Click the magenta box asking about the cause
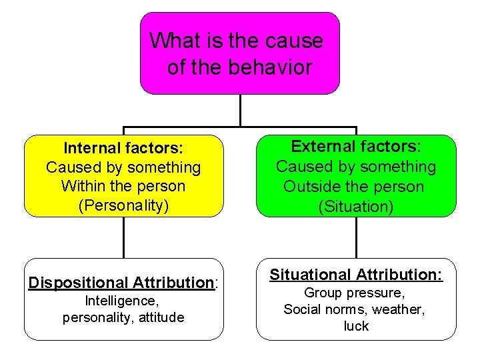pyautogui.click(x=239, y=53)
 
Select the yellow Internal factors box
pyautogui.click(x=123, y=176)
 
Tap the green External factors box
pyautogui.click(x=356, y=176)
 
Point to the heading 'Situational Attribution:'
pyautogui.click(x=356, y=275)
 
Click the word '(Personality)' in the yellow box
pyautogui.click(x=123, y=205)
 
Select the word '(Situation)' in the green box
pyautogui.click(x=356, y=207)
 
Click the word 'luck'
pyautogui.click(x=356, y=326)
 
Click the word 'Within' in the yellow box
pyautogui.click(x=82, y=186)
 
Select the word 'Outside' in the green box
pyautogui.click(x=311, y=187)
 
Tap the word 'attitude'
pyautogui.click(x=160, y=317)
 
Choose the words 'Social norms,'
pyautogui.click(x=326, y=309)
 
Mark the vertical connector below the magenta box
pyautogui.click(x=240, y=110)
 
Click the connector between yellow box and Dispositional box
pyautogui.click(x=124, y=237)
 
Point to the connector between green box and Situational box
pyautogui.click(x=357, y=237)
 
